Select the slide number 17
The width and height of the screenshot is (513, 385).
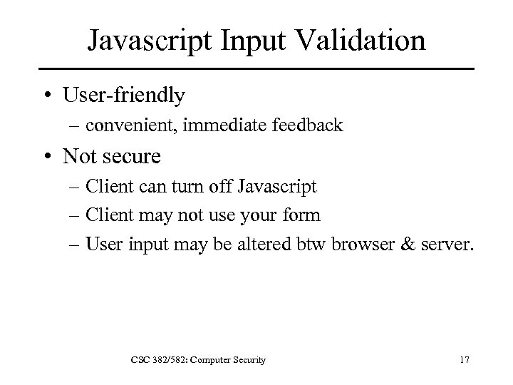pos(464,361)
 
